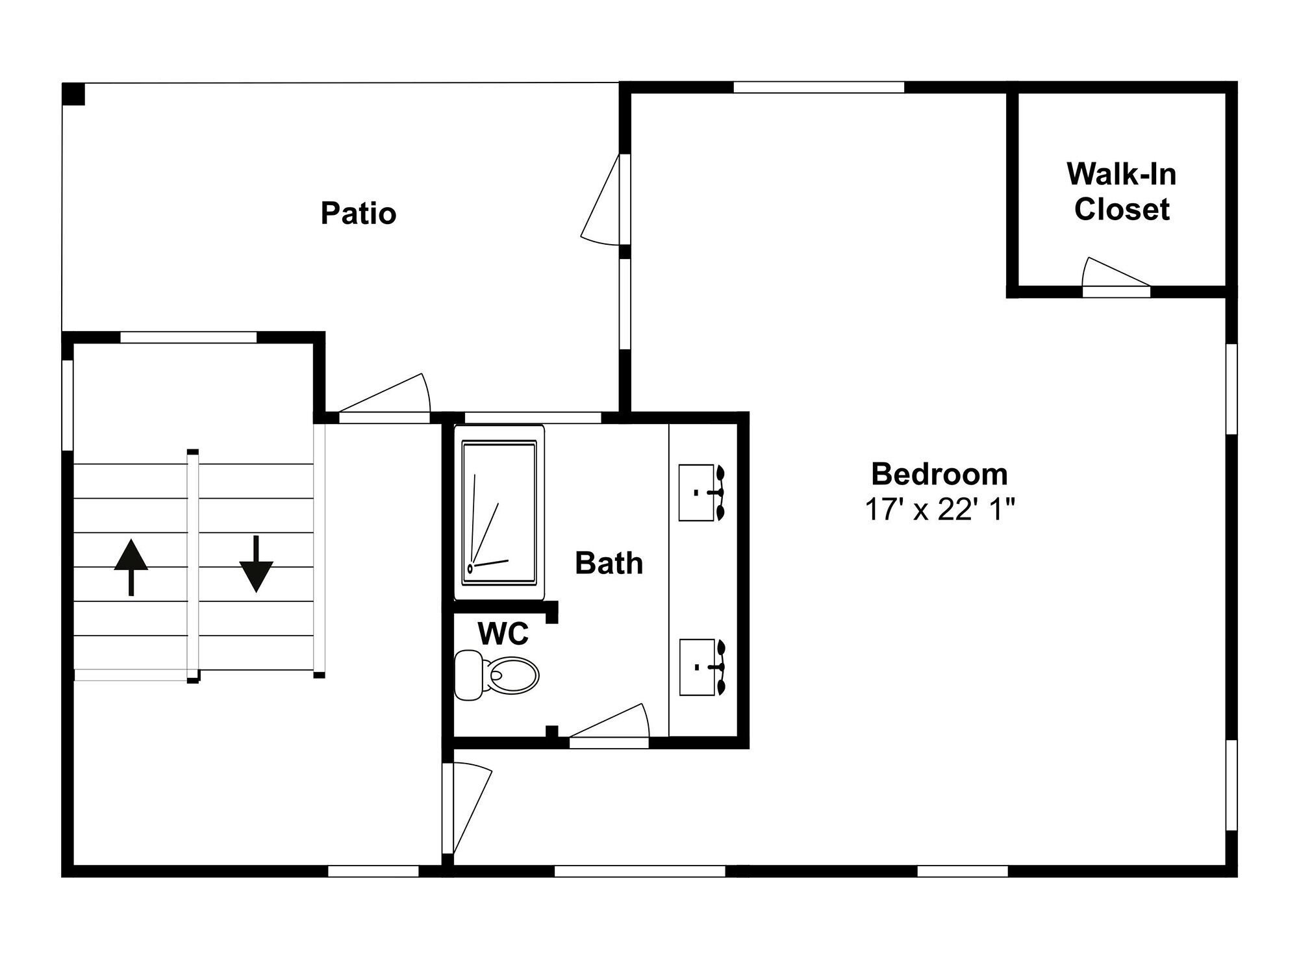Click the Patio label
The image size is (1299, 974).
(x=359, y=213)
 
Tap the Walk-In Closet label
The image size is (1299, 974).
(x=1122, y=192)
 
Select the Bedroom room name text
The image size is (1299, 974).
(x=939, y=474)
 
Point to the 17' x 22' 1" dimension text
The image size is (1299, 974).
(x=939, y=510)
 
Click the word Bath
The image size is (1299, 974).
(x=609, y=563)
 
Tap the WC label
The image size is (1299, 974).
(x=503, y=634)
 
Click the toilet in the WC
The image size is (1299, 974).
(x=497, y=675)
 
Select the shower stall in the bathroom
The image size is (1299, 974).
(x=499, y=512)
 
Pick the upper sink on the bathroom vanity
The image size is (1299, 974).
(x=701, y=492)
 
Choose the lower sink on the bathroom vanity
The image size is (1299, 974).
(x=701, y=668)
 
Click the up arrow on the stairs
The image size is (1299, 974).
(x=131, y=567)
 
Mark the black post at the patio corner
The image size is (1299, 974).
(x=73, y=94)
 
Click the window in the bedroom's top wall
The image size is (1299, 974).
(x=819, y=87)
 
